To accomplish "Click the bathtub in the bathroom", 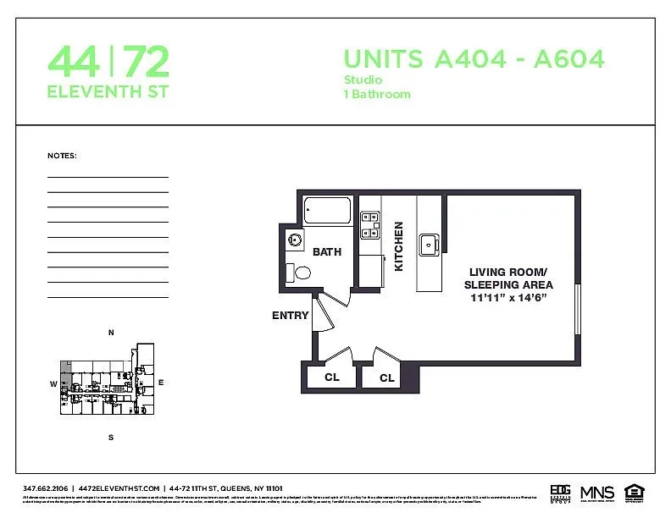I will point(328,210).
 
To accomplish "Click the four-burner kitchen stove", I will point(370,223).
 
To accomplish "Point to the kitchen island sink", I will point(429,245).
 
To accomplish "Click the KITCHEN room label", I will point(399,246).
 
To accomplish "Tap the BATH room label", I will point(327,252).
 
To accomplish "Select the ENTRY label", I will point(290,316).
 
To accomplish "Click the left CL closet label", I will point(332,377).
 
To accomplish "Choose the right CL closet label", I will point(387,378).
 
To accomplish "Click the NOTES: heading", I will point(62,156).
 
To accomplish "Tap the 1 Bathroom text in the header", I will point(377,94).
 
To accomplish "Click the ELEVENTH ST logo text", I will point(108,91).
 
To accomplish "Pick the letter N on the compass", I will point(111,333).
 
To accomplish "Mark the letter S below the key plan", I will point(110,438).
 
